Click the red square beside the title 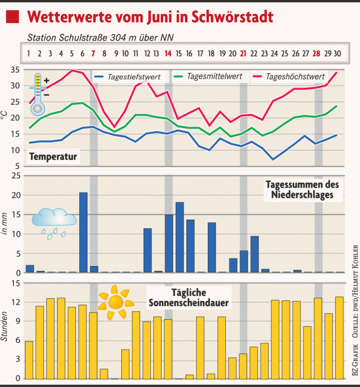click(x=13, y=18)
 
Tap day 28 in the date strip click(x=317, y=53)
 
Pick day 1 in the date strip click(x=29, y=53)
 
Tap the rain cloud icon click(x=54, y=223)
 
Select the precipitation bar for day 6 click(x=83, y=233)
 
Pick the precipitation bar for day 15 click(x=180, y=238)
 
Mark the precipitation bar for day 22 click(x=255, y=254)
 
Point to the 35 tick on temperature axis click(x=14, y=70)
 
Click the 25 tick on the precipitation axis click(x=14, y=176)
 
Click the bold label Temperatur click(x=53, y=157)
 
